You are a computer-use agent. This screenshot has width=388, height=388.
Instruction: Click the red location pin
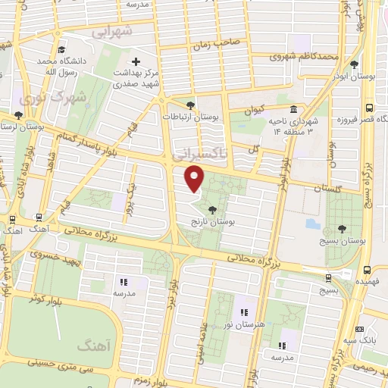[x=196, y=179]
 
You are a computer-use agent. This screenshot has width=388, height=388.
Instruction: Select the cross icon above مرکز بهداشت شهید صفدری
[x=136, y=61]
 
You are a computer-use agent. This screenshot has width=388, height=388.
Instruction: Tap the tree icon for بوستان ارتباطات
[x=190, y=105]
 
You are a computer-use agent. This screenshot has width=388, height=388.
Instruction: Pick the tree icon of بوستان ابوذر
[x=354, y=64]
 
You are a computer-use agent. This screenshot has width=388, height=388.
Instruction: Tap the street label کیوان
[x=257, y=111]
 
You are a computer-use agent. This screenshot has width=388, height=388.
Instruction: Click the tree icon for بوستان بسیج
[x=343, y=227]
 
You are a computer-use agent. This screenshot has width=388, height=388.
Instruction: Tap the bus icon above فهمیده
[x=368, y=269]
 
